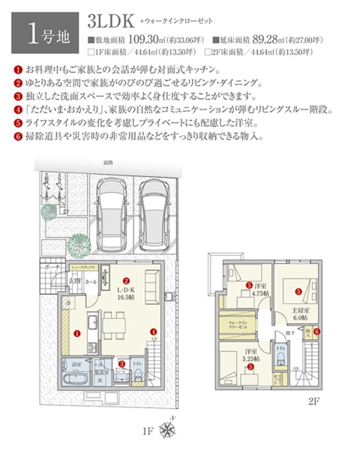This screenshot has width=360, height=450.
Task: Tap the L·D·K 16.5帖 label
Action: tap(127, 292)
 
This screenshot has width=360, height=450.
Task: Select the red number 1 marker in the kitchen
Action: tap(77, 332)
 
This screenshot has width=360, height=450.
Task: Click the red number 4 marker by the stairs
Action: tap(154, 331)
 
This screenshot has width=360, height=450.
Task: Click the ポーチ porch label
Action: tap(49, 266)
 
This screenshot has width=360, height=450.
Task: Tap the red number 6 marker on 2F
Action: tap(317, 331)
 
